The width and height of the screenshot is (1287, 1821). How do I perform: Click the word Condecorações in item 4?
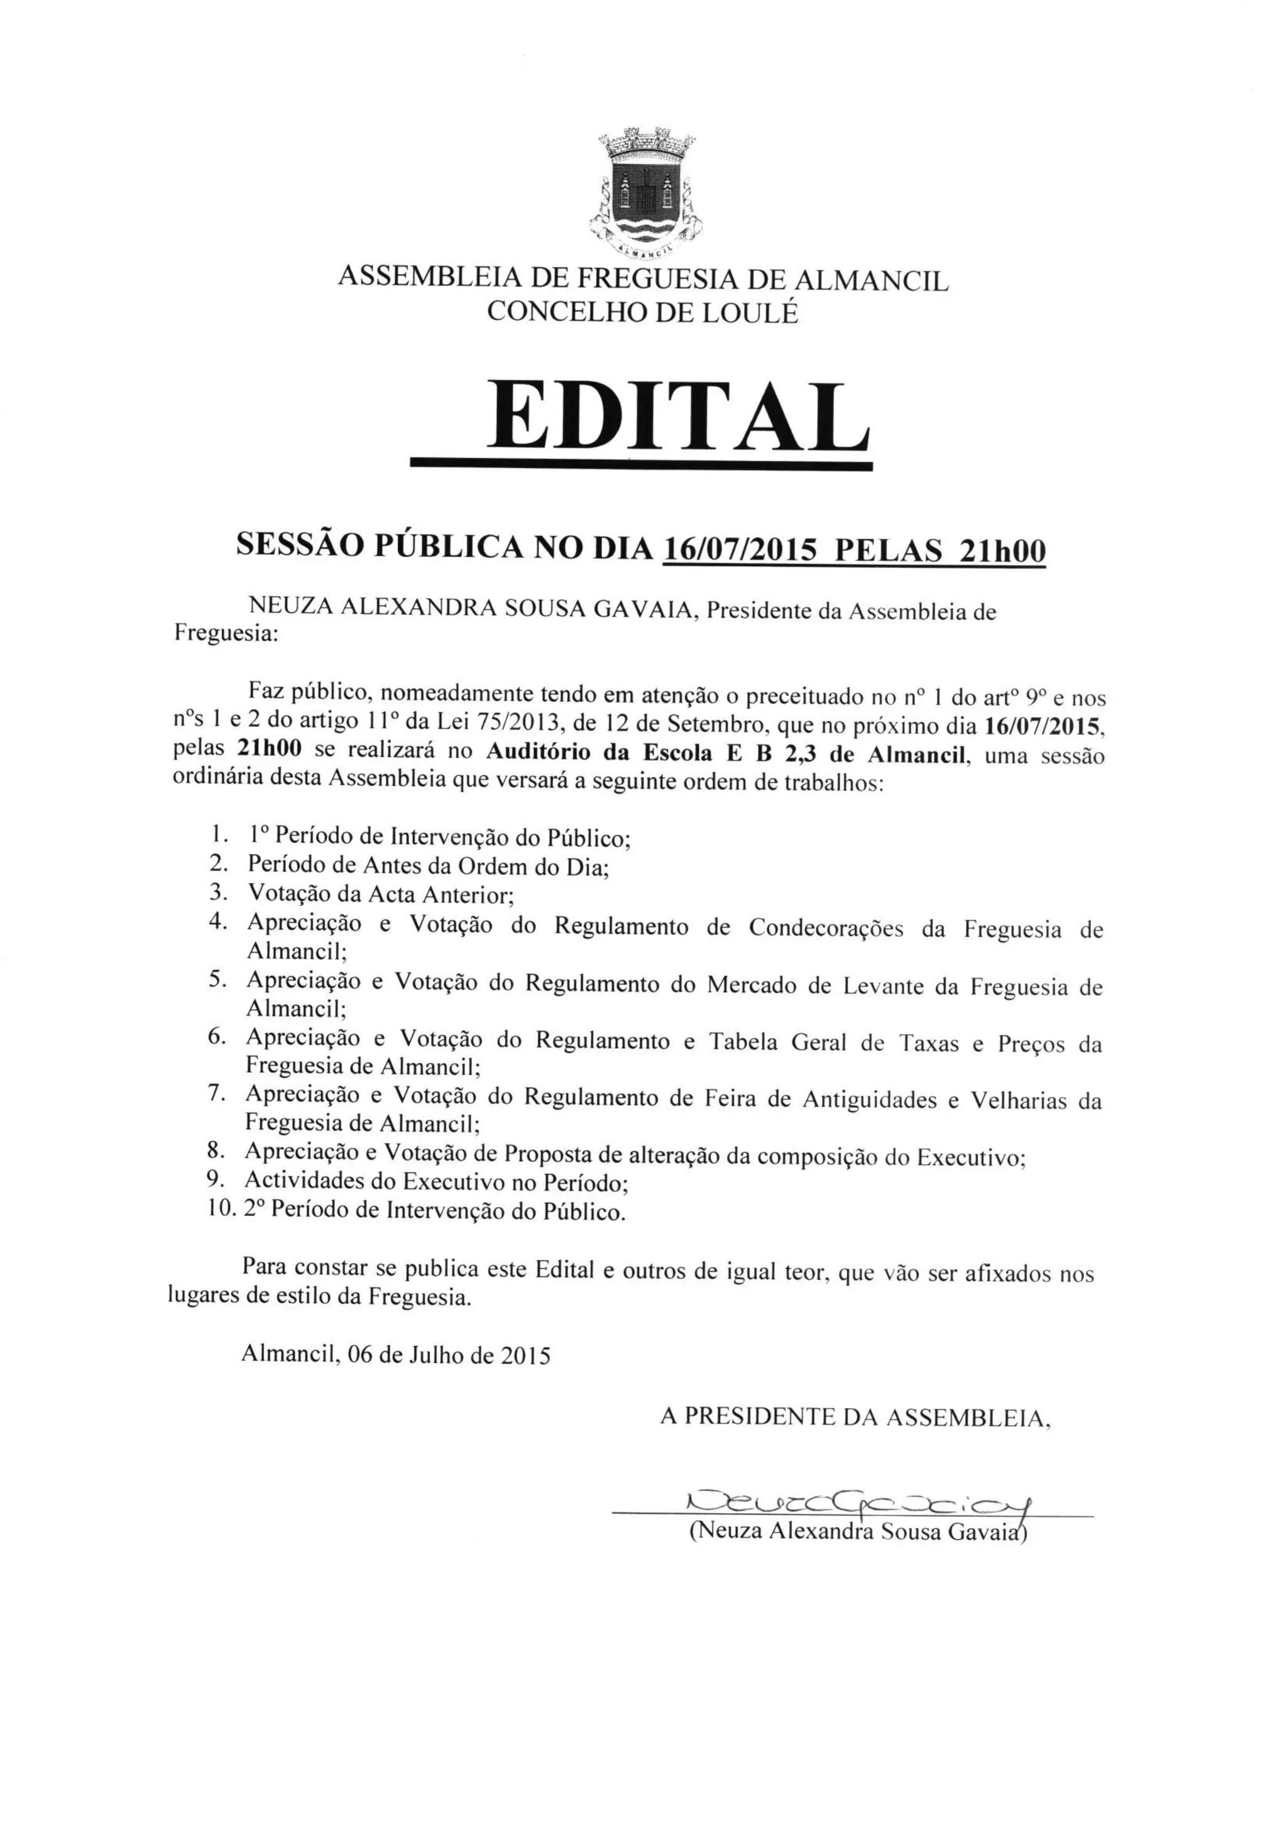pyautogui.click(x=824, y=928)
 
